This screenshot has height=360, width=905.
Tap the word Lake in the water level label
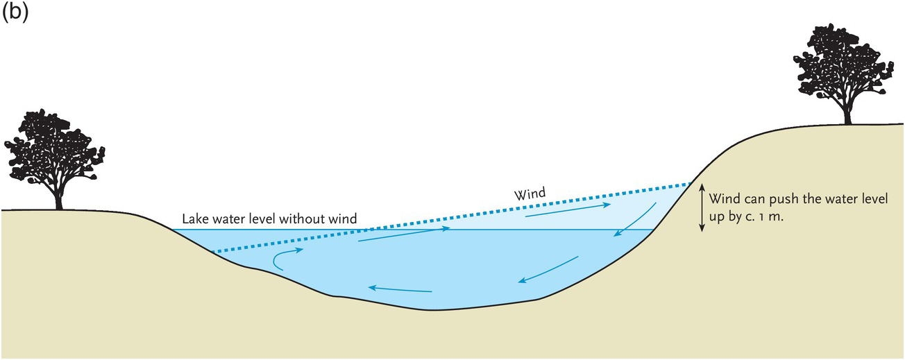click(194, 219)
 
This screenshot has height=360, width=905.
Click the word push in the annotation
click(779, 200)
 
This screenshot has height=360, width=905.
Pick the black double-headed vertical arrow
click(701, 207)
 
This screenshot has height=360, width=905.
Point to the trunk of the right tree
click(847, 114)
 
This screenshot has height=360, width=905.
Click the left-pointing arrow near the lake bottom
click(400, 289)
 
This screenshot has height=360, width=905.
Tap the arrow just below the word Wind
click(568, 210)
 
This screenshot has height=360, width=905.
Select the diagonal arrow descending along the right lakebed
click(548, 269)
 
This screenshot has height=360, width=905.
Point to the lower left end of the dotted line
click(213, 252)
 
